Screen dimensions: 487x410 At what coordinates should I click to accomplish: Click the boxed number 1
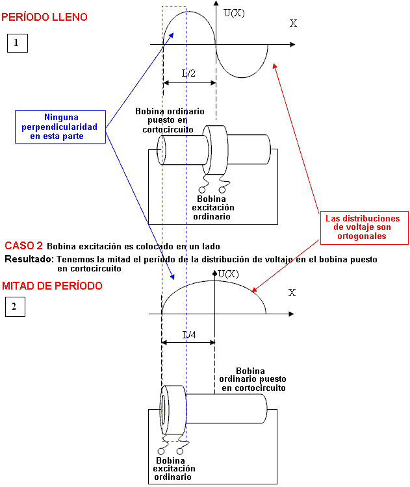(18, 44)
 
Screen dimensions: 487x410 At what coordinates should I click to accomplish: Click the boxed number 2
(14, 306)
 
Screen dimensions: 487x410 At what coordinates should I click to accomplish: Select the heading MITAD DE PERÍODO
(52, 286)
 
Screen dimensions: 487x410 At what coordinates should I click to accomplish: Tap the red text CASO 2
(23, 246)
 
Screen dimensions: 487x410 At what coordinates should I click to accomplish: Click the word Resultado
(29, 258)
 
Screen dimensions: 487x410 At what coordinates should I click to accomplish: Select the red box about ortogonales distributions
(363, 227)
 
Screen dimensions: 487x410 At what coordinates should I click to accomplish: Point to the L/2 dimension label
(188, 73)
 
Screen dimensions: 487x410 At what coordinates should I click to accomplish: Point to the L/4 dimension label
(188, 335)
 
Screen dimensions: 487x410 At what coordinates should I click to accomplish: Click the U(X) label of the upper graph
(234, 12)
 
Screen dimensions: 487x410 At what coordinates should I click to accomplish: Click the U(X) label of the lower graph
(229, 274)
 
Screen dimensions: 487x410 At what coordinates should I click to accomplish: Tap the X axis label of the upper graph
(293, 23)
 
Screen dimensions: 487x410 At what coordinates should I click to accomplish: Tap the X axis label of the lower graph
(292, 293)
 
